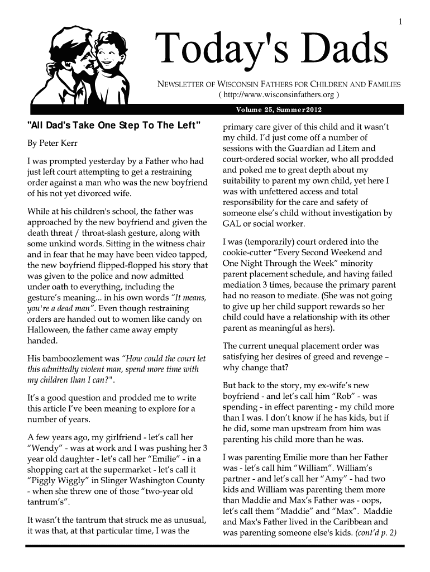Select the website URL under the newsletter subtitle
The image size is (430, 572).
click(x=279, y=94)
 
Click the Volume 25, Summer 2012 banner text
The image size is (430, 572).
click(x=278, y=109)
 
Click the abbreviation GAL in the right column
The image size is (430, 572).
click(x=232, y=224)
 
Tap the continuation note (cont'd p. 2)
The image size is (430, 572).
click(x=375, y=532)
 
